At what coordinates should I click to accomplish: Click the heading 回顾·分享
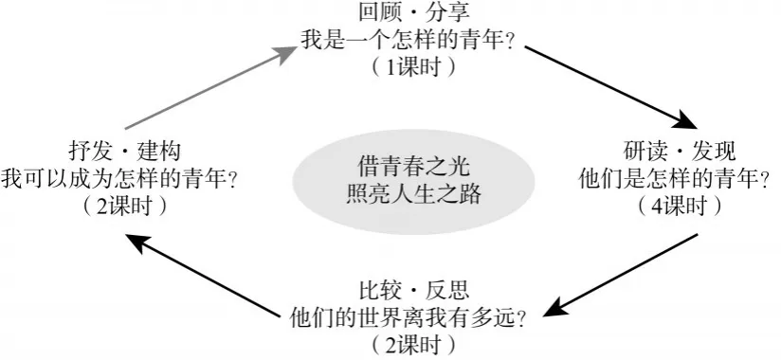point(413,12)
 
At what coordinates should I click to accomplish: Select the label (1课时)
point(413,67)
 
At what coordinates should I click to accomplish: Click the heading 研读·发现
point(680,152)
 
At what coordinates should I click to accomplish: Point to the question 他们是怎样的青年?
point(675,179)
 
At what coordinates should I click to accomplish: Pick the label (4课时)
point(679,207)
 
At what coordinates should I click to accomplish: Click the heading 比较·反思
point(413,290)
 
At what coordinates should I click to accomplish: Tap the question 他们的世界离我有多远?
point(408,317)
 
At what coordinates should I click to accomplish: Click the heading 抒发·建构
point(124,152)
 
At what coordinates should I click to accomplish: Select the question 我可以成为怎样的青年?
point(118,179)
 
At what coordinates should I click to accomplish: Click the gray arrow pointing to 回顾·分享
point(211,88)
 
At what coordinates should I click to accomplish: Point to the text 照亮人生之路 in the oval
point(413,193)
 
